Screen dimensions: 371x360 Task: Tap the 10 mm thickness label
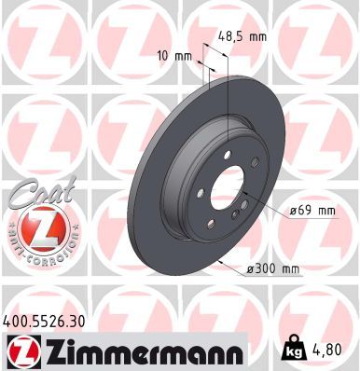click(x=176, y=56)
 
